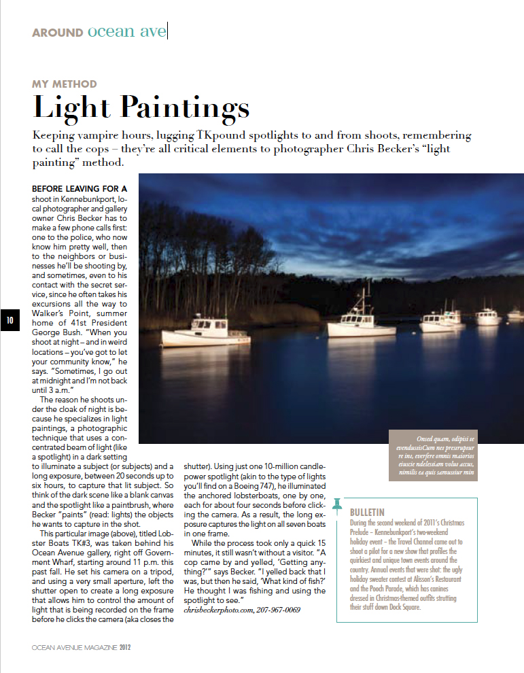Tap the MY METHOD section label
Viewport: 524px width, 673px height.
pos(65,84)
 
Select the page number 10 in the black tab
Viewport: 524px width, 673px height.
pos(10,321)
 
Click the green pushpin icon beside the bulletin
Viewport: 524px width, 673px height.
pos(337,507)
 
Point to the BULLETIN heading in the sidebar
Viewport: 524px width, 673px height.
pos(367,512)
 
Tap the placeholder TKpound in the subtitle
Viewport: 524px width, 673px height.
pos(223,136)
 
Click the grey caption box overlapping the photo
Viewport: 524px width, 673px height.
pos(432,455)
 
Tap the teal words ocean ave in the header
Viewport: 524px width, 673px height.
pos(126,32)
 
